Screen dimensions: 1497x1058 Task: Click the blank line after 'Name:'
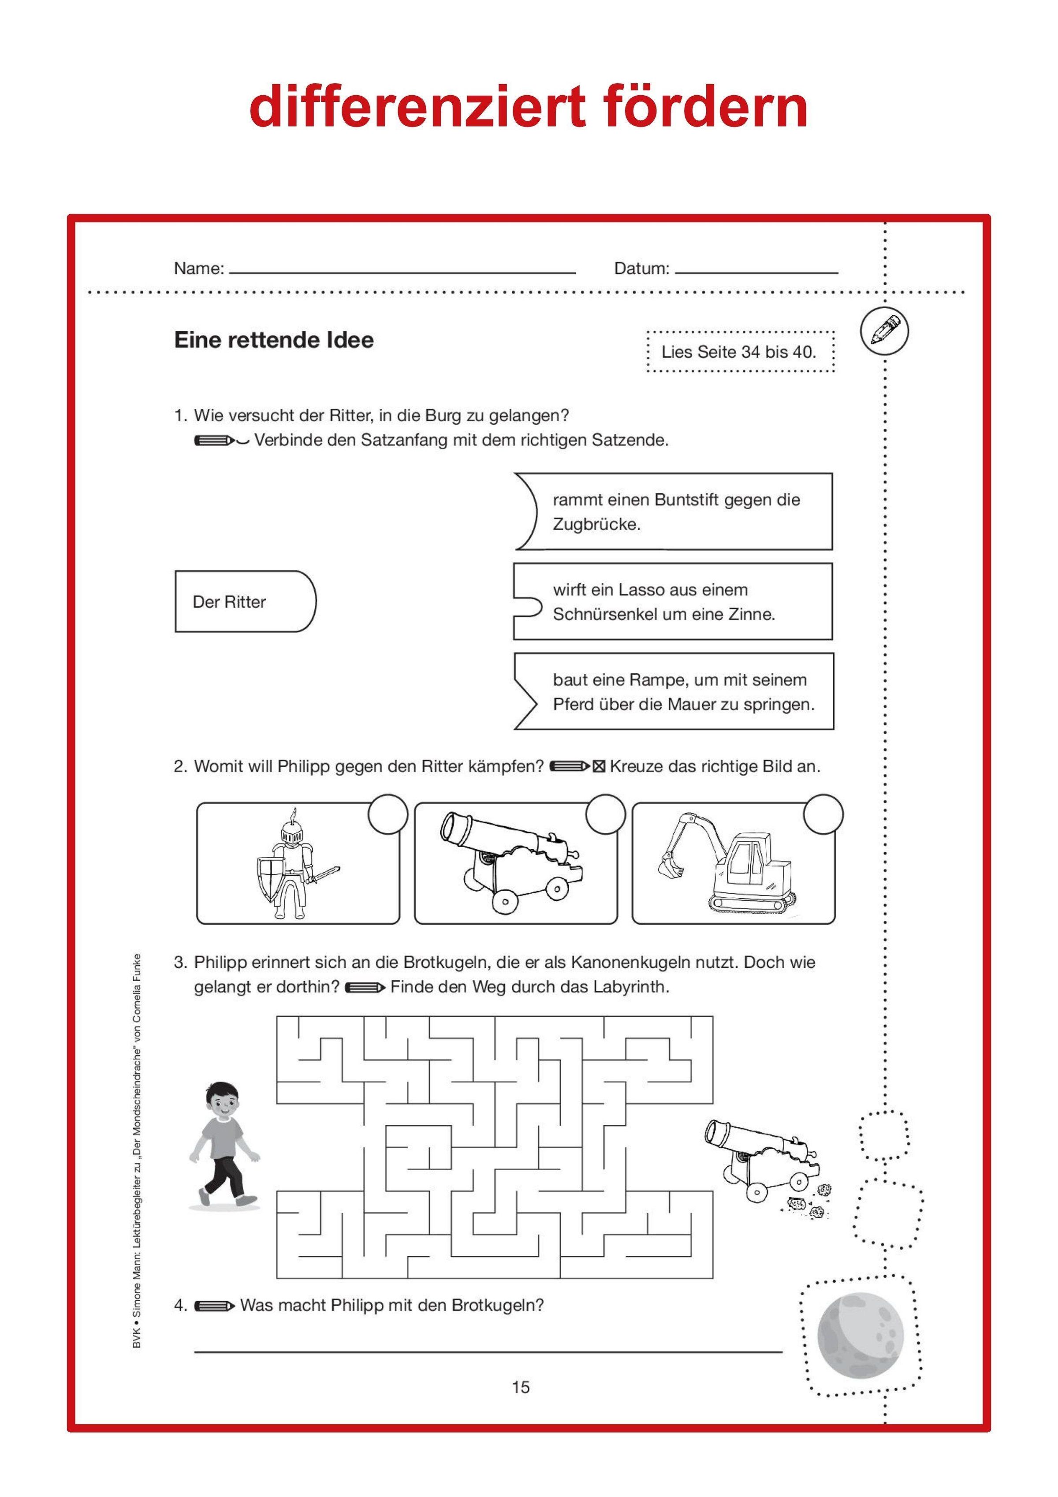[x=402, y=272]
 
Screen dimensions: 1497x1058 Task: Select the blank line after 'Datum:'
[x=756, y=272]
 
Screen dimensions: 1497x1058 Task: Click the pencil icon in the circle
[x=884, y=331]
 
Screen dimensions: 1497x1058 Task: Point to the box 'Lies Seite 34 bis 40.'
[x=739, y=352]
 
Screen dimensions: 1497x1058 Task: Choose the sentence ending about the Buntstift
[x=674, y=512]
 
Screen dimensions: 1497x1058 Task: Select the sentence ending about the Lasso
[x=674, y=601]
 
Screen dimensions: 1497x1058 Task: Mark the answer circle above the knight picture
[x=388, y=814]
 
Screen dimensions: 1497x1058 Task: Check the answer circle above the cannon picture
[x=606, y=814]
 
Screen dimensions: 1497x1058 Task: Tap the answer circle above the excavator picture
[x=823, y=814]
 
